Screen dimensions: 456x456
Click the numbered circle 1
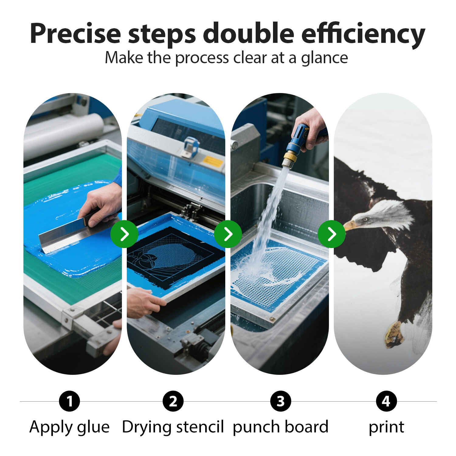(x=70, y=401)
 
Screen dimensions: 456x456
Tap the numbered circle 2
(x=173, y=401)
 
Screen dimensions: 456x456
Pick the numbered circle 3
(x=281, y=401)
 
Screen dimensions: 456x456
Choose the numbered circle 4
(x=386, y=401)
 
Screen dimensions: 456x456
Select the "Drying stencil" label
(x=173, y=427)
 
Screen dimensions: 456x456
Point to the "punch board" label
(x=281, y=427)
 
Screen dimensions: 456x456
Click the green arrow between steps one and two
(x=124, y=234)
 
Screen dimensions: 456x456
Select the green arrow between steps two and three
(x=228, y=234)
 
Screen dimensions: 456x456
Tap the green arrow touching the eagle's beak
(x=332, y=234)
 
